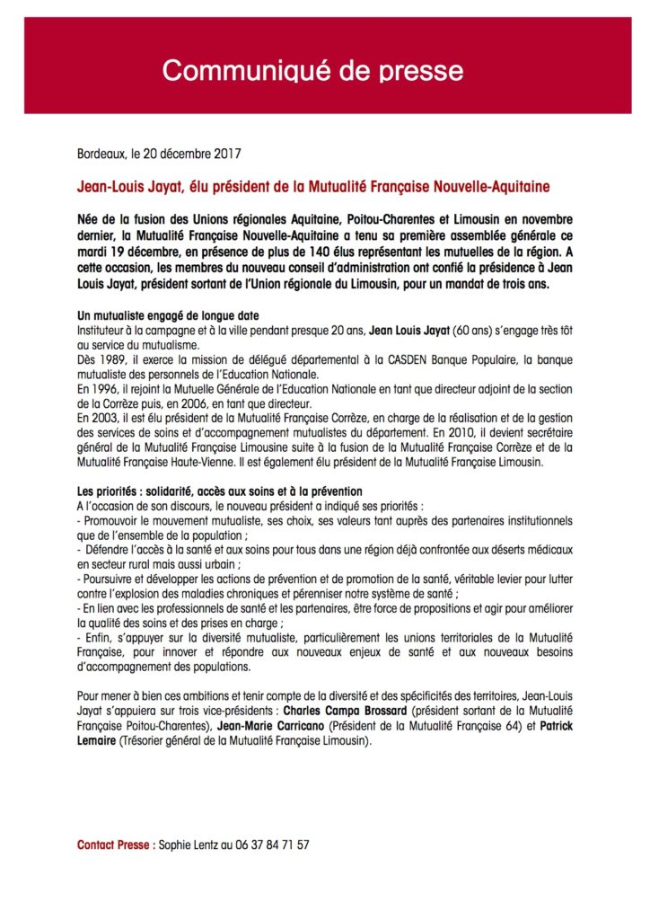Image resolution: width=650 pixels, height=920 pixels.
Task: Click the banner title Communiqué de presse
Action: click(312, 70)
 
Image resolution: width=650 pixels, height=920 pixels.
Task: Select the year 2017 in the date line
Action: click(228, 154)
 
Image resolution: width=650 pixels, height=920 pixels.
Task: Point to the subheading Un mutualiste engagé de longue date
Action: click(166, 315)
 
